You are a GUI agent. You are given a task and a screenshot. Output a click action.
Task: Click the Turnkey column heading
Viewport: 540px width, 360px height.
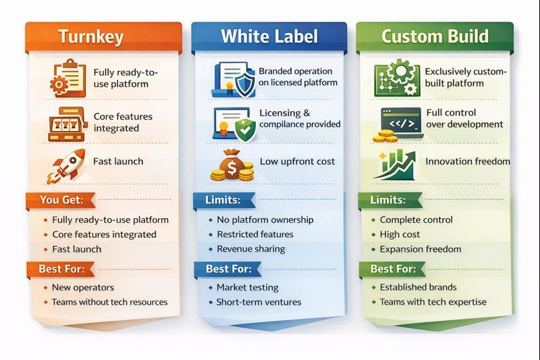point(91,36)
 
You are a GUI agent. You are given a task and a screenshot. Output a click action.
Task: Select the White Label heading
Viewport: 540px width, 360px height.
point(269,36)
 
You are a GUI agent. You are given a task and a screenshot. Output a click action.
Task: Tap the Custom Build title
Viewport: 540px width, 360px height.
point(435,36)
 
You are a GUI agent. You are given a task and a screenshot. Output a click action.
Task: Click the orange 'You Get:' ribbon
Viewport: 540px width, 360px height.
point(61,200)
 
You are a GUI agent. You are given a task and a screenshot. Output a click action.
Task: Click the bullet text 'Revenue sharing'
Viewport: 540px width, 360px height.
point(250,249)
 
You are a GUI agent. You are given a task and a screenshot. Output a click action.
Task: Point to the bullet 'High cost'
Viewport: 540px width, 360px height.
point(400,234)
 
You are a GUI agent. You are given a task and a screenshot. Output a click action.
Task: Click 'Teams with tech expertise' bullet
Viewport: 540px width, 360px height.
point(433,302)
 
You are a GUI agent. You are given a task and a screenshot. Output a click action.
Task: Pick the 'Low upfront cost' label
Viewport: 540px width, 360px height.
point(297,161)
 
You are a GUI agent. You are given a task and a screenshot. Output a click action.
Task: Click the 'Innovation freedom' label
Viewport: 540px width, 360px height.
point(467,161)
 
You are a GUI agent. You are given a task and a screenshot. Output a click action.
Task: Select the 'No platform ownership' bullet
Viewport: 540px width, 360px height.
point(265,220)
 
